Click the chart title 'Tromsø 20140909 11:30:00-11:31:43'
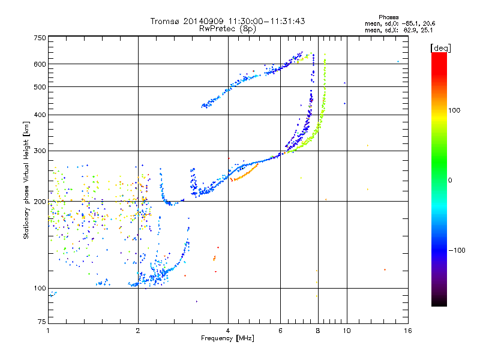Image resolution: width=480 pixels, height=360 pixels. pos(227,21)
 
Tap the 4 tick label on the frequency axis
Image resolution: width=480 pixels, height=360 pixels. pos(228,331)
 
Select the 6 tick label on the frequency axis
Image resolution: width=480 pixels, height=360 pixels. pos(280,331)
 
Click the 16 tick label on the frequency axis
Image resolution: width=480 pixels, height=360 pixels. pos(407,331)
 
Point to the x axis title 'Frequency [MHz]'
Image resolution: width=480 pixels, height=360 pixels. pos(227,338)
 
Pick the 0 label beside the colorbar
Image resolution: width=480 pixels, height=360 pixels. pos(451,180)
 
